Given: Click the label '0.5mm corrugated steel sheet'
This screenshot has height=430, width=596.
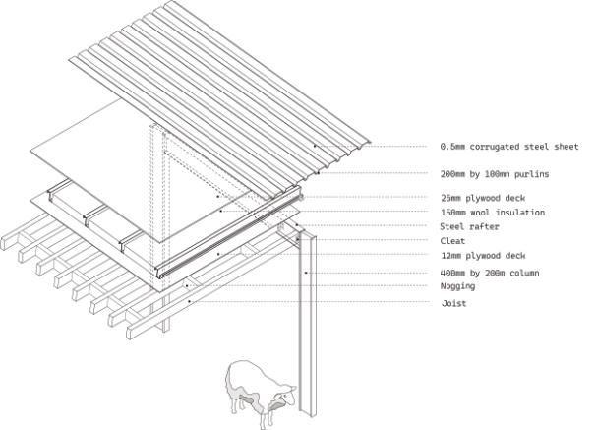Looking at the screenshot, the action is point(508,147).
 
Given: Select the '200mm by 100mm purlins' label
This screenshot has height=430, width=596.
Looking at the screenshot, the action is point(495,173).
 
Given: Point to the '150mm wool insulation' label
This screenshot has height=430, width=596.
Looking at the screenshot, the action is point(492,213).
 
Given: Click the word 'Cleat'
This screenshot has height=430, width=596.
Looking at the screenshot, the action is point(452,241).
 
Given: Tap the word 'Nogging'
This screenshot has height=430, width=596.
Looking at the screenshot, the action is point(458,286).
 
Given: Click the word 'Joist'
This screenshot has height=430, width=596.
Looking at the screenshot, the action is point(453,303).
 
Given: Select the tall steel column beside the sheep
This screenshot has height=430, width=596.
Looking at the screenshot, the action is point(307,325).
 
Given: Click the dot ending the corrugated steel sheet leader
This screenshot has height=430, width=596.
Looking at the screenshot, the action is point(316,147).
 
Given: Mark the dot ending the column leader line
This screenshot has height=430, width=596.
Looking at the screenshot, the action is point(307,272).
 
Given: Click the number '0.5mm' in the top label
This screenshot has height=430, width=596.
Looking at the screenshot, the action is point(453,147).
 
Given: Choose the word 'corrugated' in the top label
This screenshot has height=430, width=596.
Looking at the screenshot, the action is point(499,147).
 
